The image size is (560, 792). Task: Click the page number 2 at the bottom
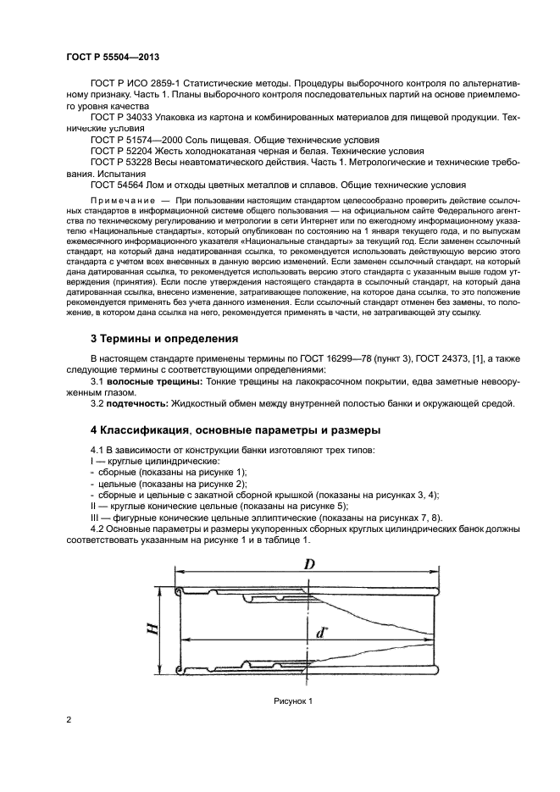[68, 720]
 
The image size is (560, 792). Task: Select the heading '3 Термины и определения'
[164, 339]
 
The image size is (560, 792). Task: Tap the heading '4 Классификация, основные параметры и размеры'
[235, 429]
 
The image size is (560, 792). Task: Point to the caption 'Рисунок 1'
[293, 701]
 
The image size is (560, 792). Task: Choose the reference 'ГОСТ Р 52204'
[119, 150]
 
